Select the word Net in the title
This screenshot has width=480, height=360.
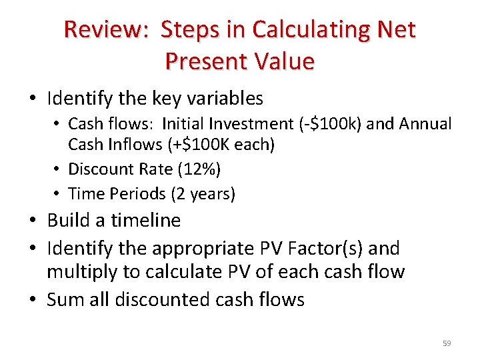coord(395,30)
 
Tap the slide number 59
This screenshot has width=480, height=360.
coord(447,343)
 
